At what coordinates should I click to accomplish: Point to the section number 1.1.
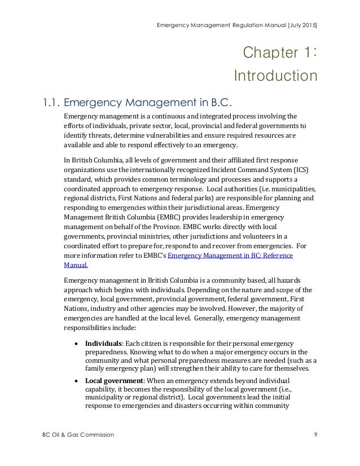(49, 103)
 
